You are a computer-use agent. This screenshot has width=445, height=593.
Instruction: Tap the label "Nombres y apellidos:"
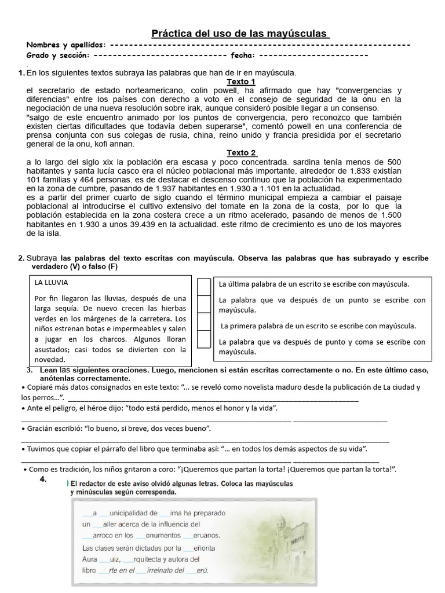65,45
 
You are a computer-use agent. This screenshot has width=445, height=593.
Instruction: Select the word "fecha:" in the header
242,56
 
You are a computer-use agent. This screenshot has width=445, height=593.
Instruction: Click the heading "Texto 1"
240,82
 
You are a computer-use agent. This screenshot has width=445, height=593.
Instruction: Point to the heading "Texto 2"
240,152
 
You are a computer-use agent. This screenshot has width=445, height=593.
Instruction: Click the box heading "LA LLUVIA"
52,283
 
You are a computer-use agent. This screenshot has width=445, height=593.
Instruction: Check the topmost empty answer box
204,287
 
